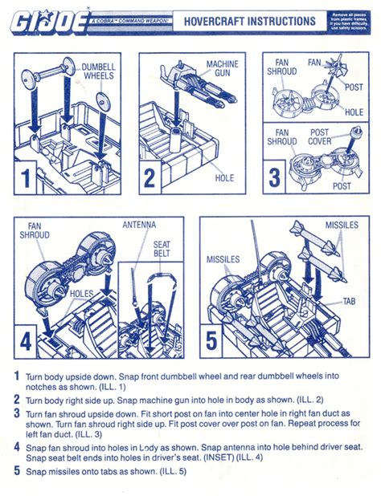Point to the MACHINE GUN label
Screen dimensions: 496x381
tap(222, 68)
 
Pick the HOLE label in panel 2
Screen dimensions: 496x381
tap(224, 178)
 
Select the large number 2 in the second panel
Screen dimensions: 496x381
tap(150, 177)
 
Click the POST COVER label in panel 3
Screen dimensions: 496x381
tap(320, 137)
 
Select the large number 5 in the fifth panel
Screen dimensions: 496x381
tap(212, 341)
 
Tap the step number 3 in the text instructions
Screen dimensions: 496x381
tap(17, 414)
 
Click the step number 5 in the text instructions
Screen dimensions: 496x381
tap(17, 471)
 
